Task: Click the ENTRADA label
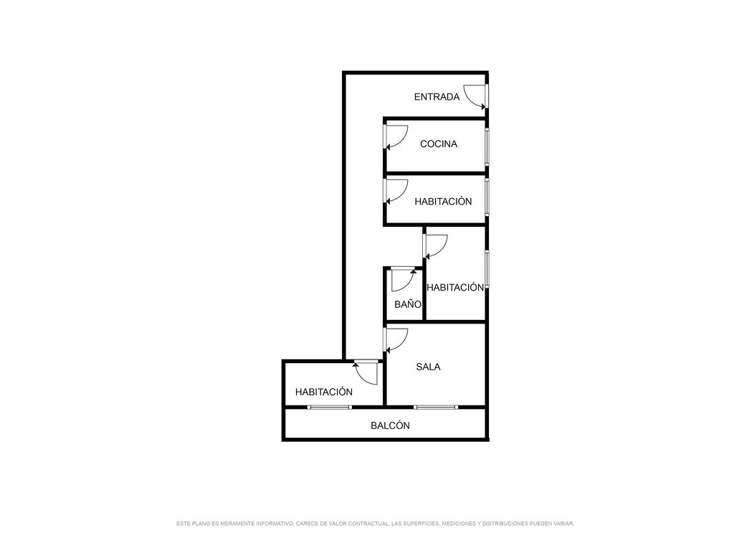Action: coord(437,97)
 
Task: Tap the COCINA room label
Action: coord(439,143)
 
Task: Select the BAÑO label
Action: coord(408,304)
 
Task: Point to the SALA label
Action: coord(429,367)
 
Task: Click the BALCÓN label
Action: coord(391,425)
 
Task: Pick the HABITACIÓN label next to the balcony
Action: coord(324,392)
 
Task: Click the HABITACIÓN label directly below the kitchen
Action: coord(443,202)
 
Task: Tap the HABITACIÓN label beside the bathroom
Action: coord(455,287)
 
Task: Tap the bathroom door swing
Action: coord(406,284)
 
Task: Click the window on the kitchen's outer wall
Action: coord(487,146)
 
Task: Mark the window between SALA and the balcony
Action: coord(436,408)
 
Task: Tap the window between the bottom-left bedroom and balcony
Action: coord(330,408)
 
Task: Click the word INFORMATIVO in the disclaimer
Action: coord(275,524)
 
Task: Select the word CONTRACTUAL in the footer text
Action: coord(368,524)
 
